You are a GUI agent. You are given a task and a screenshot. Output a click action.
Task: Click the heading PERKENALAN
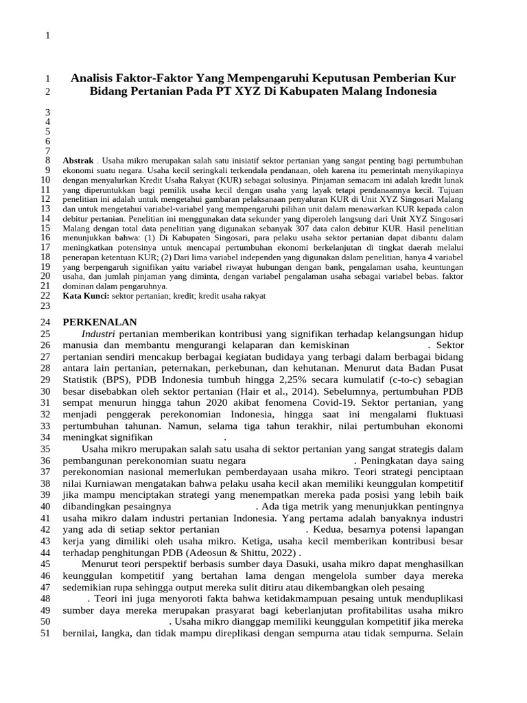click(x=100, y=322)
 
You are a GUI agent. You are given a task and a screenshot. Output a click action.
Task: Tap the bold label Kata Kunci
click(x=86, y=295)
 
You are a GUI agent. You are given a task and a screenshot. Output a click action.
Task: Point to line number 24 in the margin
click(x=45, y=323)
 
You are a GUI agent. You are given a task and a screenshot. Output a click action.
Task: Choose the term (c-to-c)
click(x=409, y=378)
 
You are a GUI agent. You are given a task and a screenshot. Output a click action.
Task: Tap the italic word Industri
click(x=98, y=333)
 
